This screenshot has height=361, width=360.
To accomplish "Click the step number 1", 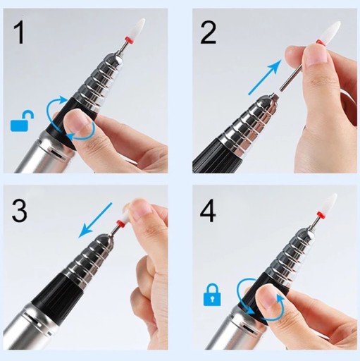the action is pos(19,32).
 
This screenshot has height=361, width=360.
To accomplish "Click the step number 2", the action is pos(209,32).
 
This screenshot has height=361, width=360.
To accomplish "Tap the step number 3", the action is pos(19,210).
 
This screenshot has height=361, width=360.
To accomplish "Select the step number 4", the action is pos(208,210).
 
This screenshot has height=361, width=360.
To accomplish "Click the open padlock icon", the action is pos(22,121).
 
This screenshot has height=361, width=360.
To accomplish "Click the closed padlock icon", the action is pos(212,295).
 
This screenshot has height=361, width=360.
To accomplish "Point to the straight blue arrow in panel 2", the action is pos(265,78).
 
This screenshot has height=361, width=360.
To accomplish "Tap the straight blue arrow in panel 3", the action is pos(96,219).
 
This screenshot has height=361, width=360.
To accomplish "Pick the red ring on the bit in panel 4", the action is pos(321,215).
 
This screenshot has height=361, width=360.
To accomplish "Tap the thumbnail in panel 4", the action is pos(268,298).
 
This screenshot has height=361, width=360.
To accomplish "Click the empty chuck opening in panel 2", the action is pos(274,96).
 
